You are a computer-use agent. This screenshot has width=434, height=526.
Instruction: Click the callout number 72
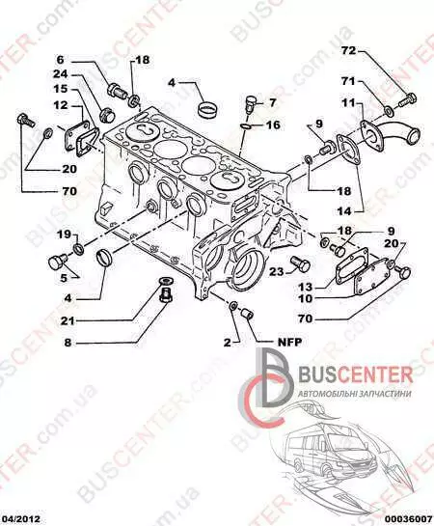tap(348, 51)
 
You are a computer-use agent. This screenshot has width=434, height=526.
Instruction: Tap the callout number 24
tap(61, 74)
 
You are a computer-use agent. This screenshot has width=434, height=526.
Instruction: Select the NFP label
tap(290, 342)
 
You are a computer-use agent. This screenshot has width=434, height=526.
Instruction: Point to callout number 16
tap(274, 125)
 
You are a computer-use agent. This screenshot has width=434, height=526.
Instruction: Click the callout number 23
tap(277, 271)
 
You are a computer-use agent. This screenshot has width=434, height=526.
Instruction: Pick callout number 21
tap(68, 321)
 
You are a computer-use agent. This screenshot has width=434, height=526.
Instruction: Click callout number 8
tap(68, 343)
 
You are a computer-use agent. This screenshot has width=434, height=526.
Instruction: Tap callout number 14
tap(344, 211)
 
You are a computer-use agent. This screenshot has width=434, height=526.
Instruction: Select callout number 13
tap(306, 288)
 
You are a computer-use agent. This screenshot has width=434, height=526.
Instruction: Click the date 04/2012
tap(20, 519)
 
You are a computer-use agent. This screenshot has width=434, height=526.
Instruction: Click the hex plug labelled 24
tap(107, 116)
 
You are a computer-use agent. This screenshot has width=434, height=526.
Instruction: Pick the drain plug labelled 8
tap(165, 294)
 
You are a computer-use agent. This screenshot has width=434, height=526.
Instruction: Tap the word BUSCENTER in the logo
tap(355, 374)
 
